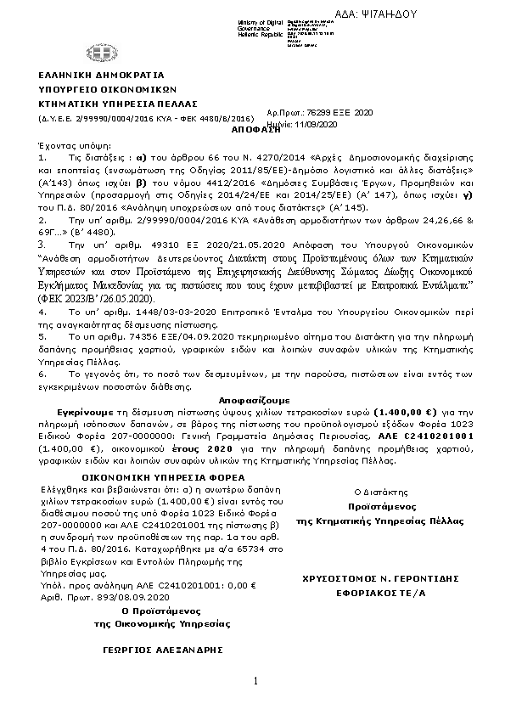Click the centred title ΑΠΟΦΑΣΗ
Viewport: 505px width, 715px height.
point(255,132)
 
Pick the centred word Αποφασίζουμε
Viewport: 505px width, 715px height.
point(255,398)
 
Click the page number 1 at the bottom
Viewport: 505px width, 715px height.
point(254,681)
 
